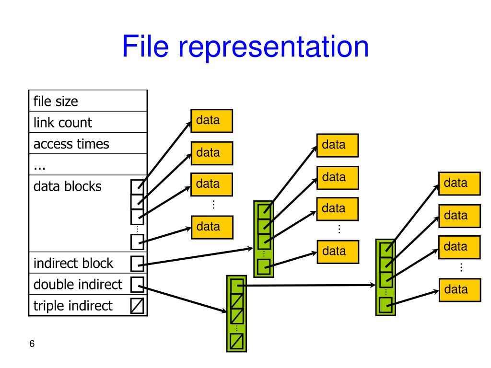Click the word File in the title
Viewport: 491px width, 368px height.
coord(145,46)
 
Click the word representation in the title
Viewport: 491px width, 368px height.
coord(273,47)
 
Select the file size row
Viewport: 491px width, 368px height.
coord(88,101)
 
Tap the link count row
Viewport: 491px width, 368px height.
coord(88,122)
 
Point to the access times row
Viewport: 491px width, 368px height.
coord(88,143)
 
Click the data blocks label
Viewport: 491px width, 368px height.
coord(67,186)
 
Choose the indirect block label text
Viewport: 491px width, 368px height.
coord(73,263)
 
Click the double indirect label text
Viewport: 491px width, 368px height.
coord(78,285)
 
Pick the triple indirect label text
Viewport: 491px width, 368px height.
coord(73,306)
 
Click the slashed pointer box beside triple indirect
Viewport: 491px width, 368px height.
coord(137,306)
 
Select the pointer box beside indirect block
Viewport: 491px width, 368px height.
coord(137,264)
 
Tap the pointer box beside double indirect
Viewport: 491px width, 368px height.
coord(137,285)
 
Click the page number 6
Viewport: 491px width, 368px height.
coord(32,344)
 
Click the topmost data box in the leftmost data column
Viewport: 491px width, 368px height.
coord(211,121)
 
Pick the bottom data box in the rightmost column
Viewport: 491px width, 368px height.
coord(460,290)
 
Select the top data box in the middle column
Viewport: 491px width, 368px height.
coord(338,146)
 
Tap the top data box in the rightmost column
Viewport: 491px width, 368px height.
coord(459,184)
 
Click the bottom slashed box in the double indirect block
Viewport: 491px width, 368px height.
coord(237,342)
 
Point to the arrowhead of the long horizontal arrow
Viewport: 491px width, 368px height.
coord(373,285)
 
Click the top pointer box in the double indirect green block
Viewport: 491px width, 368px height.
coord(237,286)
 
